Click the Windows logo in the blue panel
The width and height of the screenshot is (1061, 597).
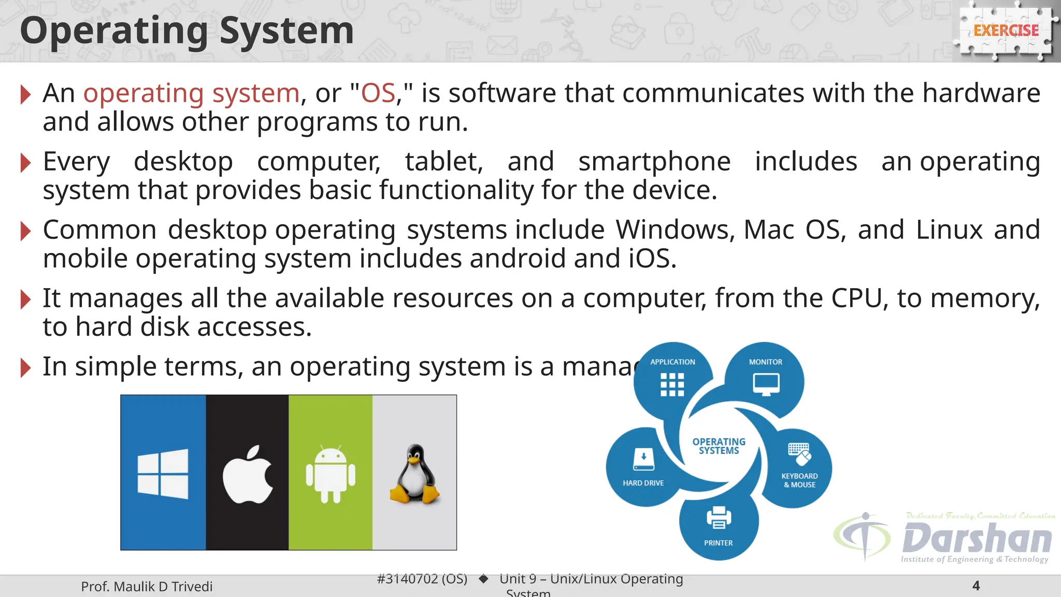tap(163, 474)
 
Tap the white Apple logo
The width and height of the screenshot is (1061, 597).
tap(248, 474)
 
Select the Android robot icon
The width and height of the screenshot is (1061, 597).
tap(331, 474)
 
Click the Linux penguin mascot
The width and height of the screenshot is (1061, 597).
tap(415, 474)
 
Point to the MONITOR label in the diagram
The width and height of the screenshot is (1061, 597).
tap(766, 362)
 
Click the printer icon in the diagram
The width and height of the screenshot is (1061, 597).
tap(719, 517)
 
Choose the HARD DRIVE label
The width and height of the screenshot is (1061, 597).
tap(643, 483)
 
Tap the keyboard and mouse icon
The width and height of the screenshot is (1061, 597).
tap(799, 454)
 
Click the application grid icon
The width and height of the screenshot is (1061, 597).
tap(672, 385)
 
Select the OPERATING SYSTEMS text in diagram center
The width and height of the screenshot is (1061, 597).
tap(719, 446)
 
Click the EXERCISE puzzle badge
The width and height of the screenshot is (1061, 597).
tap(1006, 31)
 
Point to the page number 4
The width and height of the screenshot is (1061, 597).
tap(976, 586)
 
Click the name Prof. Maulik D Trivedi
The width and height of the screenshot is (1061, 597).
tap(147, 586)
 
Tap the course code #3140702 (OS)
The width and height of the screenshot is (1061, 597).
tap(422, 578)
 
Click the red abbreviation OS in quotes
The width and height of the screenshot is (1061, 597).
tap(378, 93)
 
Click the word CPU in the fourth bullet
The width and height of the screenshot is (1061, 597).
tap(856, 298)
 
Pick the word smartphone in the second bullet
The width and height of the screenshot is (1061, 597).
tap(654, 161)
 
